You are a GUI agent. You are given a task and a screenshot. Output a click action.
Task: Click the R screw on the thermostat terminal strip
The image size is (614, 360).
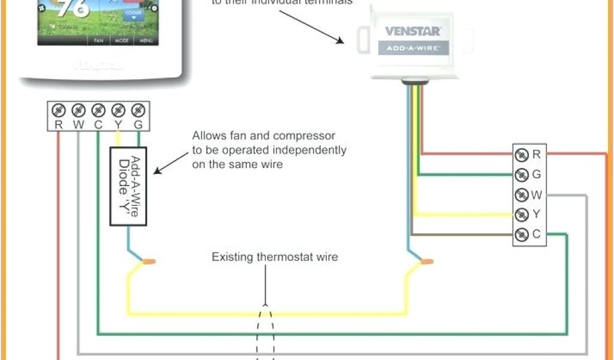[59, 110]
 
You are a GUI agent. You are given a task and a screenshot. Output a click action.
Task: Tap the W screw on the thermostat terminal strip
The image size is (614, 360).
[79, 110]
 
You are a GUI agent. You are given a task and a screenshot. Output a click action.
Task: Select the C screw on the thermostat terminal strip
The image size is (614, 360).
[98, 110]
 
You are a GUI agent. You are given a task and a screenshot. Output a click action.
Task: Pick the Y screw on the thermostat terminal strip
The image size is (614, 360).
[118, 110]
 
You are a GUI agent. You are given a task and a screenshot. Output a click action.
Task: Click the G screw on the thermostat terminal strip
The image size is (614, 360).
[138, 110]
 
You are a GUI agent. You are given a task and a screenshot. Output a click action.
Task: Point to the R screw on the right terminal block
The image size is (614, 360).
[522, 155]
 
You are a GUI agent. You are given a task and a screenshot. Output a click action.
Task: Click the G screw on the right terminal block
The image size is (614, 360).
[522, 175]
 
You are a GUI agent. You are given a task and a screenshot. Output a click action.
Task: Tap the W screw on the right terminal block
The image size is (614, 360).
[522, 194]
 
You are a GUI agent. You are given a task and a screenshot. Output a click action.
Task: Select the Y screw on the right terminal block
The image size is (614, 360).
[522, 214]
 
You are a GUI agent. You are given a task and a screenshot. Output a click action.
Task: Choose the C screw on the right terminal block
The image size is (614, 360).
[522, 234]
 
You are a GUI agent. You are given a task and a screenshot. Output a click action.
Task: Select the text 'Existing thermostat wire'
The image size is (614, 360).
[275, 257]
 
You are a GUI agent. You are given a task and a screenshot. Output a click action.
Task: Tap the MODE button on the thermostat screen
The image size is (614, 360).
[122, 41]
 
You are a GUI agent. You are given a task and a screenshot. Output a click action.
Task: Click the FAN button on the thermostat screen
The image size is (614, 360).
[98, 41]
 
